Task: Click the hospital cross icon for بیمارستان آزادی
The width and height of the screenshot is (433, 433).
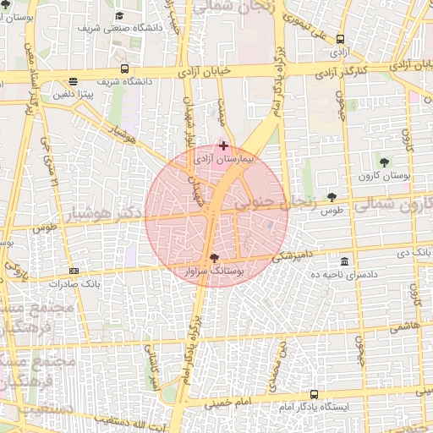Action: (222, 145)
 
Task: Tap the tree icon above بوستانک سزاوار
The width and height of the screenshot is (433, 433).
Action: (213, 258)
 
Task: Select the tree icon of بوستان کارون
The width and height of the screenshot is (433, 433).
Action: (385, 162)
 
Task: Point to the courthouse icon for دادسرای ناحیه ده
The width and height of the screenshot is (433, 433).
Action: (344, 261)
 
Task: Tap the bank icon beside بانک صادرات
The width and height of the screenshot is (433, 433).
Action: (74, 271)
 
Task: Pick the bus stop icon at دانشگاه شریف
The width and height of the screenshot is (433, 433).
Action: (125, 69)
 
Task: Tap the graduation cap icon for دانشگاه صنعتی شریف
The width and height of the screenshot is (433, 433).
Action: (119, 16)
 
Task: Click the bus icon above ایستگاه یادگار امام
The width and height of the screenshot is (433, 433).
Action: (315, 394)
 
